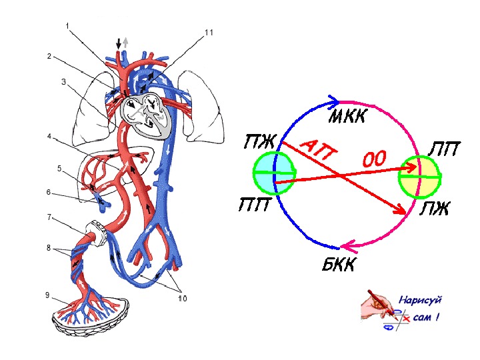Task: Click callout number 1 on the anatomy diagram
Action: pos(67,25)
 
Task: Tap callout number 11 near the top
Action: pos(209,32)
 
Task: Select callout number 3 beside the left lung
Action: pos(63,82)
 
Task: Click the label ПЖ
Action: pos(260,141)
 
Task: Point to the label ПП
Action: pos(255,204)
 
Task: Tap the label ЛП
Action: pos(443,149)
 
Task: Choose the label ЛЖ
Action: pos(434,210)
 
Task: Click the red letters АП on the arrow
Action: pos(319,152)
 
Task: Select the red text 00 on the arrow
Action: pos(375,160)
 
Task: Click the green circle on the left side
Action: pos(273,173)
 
